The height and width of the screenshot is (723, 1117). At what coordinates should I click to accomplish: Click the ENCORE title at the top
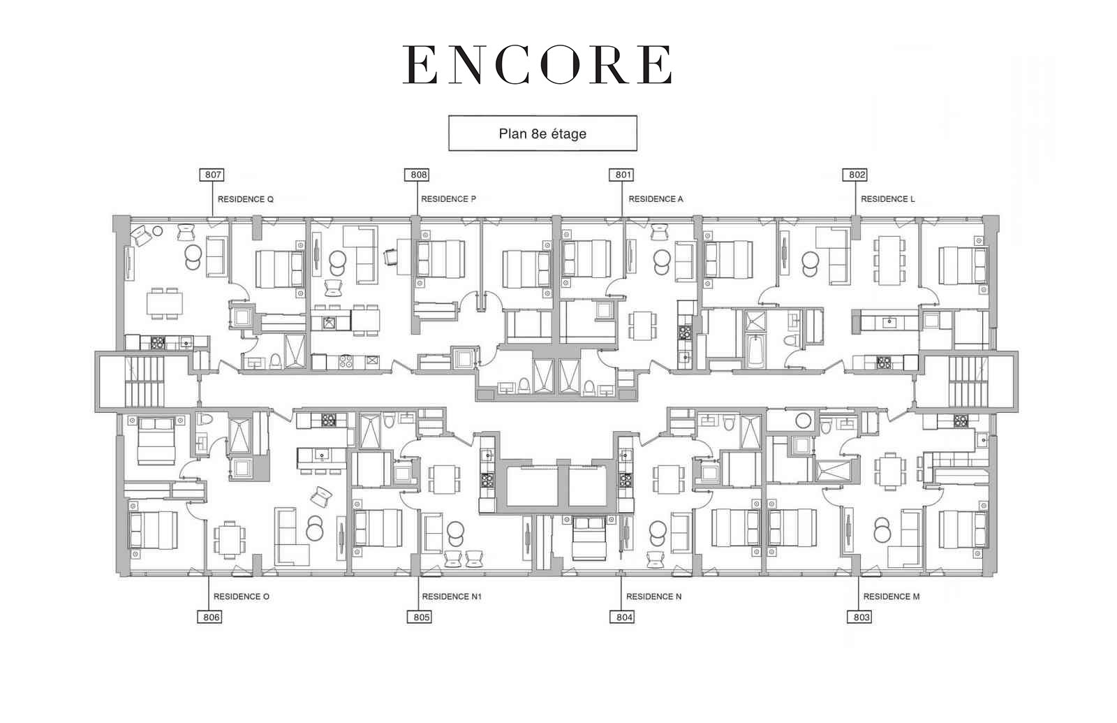pos(537,65)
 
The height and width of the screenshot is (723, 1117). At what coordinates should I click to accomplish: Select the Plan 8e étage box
pos(542,133)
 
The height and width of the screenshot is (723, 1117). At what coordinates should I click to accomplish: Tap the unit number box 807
pos(212,175)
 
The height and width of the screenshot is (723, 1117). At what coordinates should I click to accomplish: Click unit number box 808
pos(417,175)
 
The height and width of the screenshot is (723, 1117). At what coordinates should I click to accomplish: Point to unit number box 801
pos(622,175)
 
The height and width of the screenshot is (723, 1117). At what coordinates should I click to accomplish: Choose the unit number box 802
pos(856,175)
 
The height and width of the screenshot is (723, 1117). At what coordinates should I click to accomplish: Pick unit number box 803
pos(860,618)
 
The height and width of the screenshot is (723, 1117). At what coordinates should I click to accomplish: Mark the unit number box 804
pos(623,618)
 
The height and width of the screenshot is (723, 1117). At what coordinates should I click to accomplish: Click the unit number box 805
pos(420,618)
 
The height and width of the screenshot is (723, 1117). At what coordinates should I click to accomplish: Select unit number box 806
pos(210,618)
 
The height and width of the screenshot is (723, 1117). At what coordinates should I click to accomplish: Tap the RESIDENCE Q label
pos(245,199)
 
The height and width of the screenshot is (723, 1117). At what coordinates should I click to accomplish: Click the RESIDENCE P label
pos(448,198)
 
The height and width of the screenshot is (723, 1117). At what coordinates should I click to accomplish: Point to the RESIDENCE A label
pos(656,198)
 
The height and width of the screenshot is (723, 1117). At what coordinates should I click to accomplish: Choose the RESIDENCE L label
pos(887,198)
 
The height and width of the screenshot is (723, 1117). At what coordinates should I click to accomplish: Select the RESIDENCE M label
pos(891,597)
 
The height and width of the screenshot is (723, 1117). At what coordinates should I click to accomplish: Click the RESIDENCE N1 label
pos(452,597)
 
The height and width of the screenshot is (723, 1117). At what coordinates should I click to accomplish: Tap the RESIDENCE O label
pos(242,597)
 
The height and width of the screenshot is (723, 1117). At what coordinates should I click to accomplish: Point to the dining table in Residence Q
pos(165,303)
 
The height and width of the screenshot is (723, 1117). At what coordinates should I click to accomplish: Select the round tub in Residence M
pos(803,421)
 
